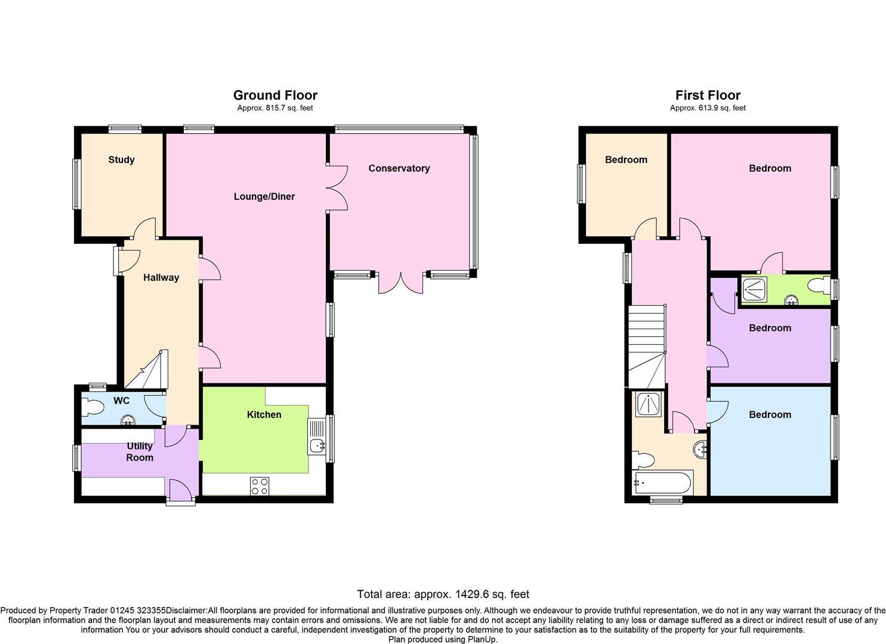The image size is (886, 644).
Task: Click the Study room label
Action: click(x=121, y=160)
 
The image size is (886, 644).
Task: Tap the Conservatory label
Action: click(x=399, y=168)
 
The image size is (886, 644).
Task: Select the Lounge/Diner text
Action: click(x=264, y=196)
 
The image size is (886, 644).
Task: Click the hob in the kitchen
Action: click(x=260, y=486)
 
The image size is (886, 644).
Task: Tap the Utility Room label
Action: click(x=139, y=452)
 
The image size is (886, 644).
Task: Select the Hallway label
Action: click(x=160, y=277)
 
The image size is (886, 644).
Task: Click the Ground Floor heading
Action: click(x=275, y=95)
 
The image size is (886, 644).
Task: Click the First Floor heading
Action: click(x=708, y=95)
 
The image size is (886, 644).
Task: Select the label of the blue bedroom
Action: click(x=770, y=414)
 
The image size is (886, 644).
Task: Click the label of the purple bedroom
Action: click(x=770, y=328)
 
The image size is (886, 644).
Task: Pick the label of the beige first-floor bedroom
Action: click(x=626, y=160)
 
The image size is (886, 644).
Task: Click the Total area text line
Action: click(x=443, y=594)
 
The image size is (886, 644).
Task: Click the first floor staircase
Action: click(x=646, y=346)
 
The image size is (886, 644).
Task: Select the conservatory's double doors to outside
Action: click(x=401, y=283)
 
